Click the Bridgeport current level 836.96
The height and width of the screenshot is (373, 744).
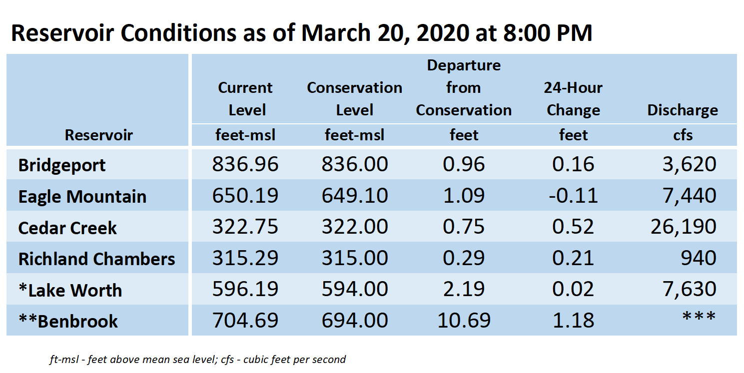tap(245, 164)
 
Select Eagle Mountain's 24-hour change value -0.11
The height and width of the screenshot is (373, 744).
tap(573, 195)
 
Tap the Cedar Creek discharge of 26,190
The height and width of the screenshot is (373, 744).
tap(683, 227)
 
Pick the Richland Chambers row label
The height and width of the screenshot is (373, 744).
tap(96, 259)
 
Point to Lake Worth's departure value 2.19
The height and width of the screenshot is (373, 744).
tap(464, 289)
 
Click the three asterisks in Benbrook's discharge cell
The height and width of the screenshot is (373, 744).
tap(699, 316)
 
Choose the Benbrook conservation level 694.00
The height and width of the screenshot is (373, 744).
tap(355, 320)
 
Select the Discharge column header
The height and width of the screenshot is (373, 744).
tap(683, 110)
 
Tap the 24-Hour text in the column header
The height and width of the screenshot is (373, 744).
tap(573, 87)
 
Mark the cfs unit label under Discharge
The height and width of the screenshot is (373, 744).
tap(683, 135)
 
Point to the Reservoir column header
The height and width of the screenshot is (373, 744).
tap(98, 135)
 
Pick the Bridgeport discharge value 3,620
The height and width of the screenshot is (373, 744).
tap(690, 165)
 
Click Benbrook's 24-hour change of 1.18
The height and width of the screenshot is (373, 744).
tap(573, 320)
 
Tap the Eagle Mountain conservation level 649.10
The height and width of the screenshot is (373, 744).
tap(355, 195)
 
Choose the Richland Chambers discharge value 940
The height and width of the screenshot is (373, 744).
tap(699, 258)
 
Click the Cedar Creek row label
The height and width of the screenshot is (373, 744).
tap(67, 228)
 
